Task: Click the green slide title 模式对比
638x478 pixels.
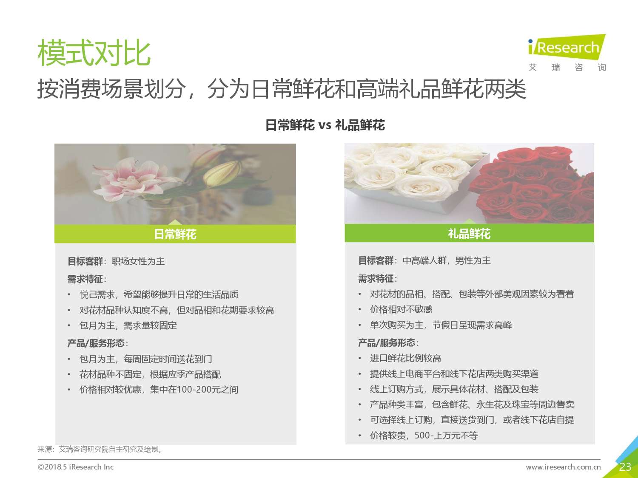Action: (94, 53)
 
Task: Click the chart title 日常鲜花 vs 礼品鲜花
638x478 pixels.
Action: (325, 125)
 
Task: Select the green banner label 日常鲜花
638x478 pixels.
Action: (175, 234)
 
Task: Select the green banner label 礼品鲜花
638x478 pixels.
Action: (469, 233)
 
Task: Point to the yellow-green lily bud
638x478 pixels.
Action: (222, 173)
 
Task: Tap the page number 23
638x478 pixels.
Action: (625, 467)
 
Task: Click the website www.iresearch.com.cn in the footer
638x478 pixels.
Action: (563, 467)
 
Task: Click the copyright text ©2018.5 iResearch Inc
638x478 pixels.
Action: (76, 467)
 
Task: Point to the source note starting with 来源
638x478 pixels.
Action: (100, 449)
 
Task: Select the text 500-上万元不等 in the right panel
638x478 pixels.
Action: (446, 436)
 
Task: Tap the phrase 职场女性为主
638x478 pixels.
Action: (138, 261)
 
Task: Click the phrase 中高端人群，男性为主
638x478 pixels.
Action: (447, 260)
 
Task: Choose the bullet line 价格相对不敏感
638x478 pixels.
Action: (401, 309)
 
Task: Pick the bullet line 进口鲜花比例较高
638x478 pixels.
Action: (405, 358)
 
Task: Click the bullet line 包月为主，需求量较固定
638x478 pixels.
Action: (128, 325)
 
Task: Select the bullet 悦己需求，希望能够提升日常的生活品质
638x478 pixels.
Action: (159, 294)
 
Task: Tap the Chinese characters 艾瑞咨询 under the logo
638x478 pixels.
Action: (567, 67)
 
